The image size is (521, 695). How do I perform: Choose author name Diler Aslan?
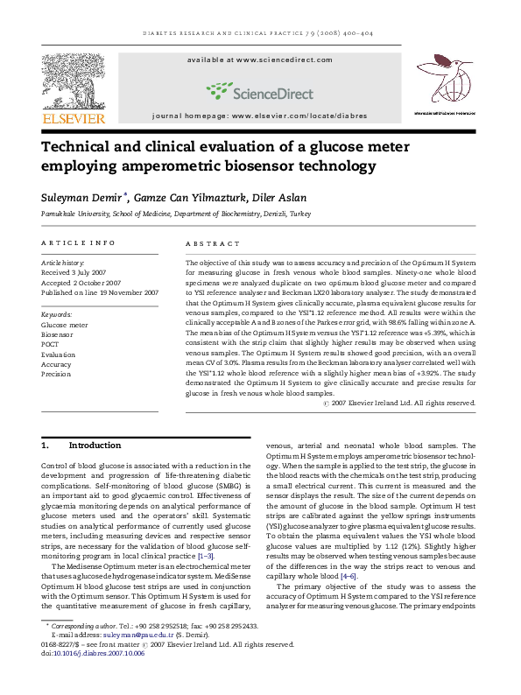click(257, 195)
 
